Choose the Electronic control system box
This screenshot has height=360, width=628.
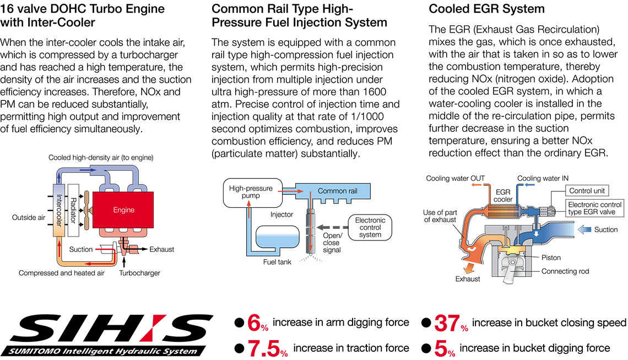pyautogui.click(x=370, y=227)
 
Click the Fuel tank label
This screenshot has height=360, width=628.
pyautogui.click(x=277, y=262)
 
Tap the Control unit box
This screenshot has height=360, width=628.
pyautogui.click(x=587, y=191)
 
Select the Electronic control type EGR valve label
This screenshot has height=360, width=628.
pyautogui.click(x=595, y=208)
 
